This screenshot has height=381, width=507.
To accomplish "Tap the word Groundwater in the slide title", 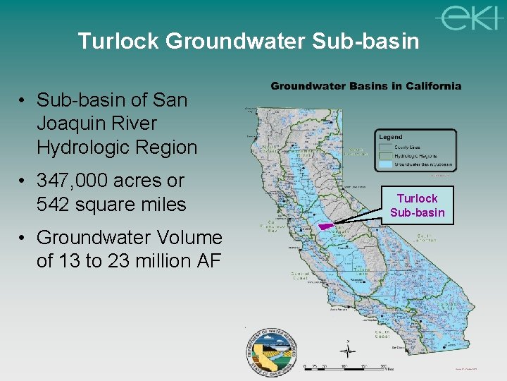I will click(x=234, y=41).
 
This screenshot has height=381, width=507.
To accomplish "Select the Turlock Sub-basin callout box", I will click(x=417, y=205).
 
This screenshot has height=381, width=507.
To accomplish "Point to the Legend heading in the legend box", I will click(x=391, y=137).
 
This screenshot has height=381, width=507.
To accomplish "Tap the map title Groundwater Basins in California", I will click(x=366, y=86).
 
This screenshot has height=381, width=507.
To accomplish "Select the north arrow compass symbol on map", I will click(x=347, y=349).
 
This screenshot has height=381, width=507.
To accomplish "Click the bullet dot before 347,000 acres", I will click(x=23, y=181).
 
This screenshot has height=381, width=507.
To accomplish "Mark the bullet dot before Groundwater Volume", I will click(x=23, y=238).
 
